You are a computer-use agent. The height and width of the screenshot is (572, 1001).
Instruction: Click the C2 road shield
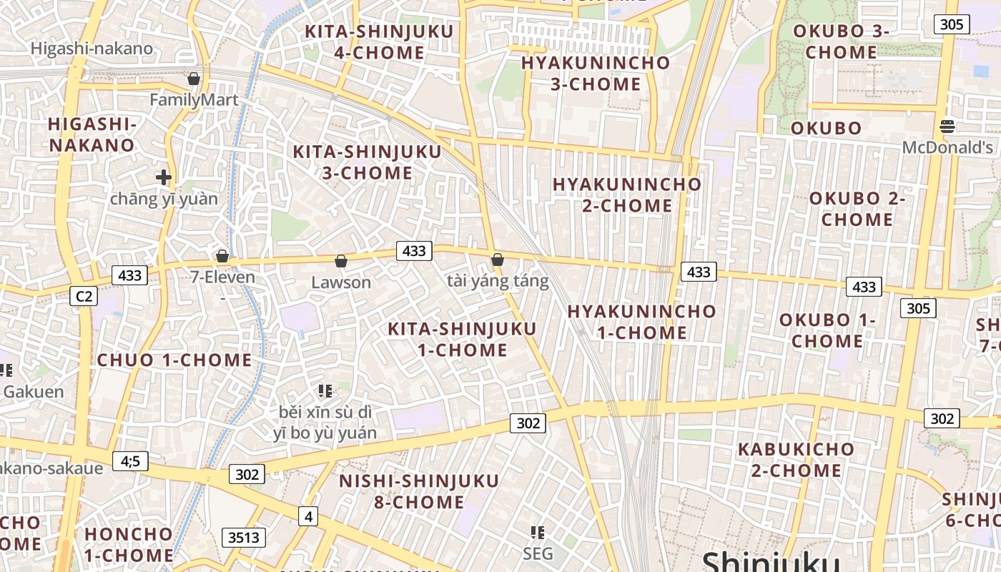(84, 295)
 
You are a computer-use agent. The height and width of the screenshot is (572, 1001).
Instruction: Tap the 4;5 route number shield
(130, 461)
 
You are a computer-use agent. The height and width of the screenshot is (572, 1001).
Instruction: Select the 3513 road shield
(244, 538)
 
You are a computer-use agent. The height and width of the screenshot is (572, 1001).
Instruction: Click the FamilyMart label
(194, 100)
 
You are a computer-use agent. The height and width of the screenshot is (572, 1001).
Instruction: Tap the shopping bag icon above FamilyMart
(193, 78)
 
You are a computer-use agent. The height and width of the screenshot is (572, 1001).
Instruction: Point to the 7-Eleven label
(222, 277)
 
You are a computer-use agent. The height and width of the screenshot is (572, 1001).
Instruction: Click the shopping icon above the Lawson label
(341, 261)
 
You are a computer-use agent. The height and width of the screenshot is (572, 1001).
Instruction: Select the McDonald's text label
(947, 148)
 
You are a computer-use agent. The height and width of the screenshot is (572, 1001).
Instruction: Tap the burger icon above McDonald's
(947, 127)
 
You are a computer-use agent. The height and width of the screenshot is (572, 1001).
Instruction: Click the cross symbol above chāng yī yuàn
(164, 177)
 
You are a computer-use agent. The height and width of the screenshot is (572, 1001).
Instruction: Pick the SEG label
(538, 553)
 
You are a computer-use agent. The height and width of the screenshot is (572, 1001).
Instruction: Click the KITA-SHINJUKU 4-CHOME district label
(379, 42)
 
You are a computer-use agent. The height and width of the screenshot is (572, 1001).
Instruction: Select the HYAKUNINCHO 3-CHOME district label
(596, 73)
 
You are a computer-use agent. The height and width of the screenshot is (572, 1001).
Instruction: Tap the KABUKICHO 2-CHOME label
(796, 460)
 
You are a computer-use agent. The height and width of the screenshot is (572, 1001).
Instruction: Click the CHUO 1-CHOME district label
(174, 360)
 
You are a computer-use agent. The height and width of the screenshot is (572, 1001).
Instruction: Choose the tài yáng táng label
(498, 281)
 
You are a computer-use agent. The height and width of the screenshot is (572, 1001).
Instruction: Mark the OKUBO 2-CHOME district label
(857, 209)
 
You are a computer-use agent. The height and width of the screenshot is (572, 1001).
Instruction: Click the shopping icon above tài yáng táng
(498, 260)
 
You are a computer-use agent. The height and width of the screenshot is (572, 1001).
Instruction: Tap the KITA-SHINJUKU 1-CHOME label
(462, 340)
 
